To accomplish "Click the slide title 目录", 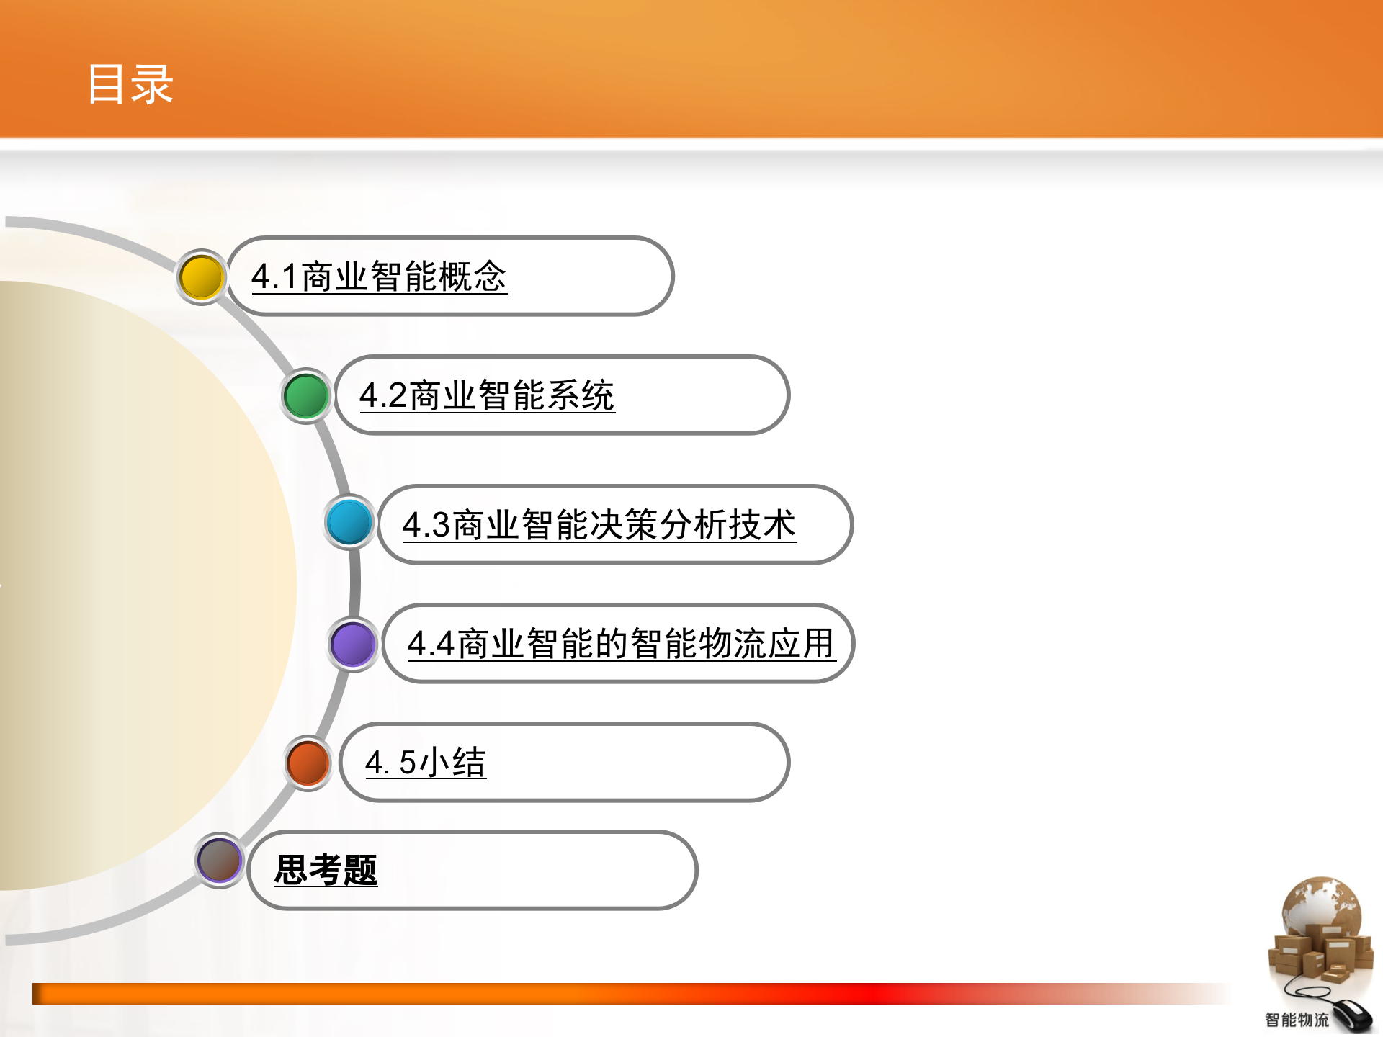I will (x=130, y=84).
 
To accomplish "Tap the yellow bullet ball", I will (x=202, y=277).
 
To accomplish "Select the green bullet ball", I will (x=306, y=395).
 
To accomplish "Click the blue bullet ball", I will (x=349, y=521).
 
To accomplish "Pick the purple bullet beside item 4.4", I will (x=353, y=644).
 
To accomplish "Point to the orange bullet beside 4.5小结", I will (x=308, y=763).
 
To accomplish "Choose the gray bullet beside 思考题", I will (x=220, y=860).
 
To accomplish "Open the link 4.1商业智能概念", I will (x=379, y=277).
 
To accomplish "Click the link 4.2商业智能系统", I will (x=487, y=396).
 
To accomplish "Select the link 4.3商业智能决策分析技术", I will (x=599, y=525).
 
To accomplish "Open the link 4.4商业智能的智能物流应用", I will (x=621, y=644).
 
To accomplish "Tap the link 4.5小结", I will (x=426, y=763).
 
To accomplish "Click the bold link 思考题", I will (x=326, y=870).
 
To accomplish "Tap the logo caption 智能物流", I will (x=1297, y=1020).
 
